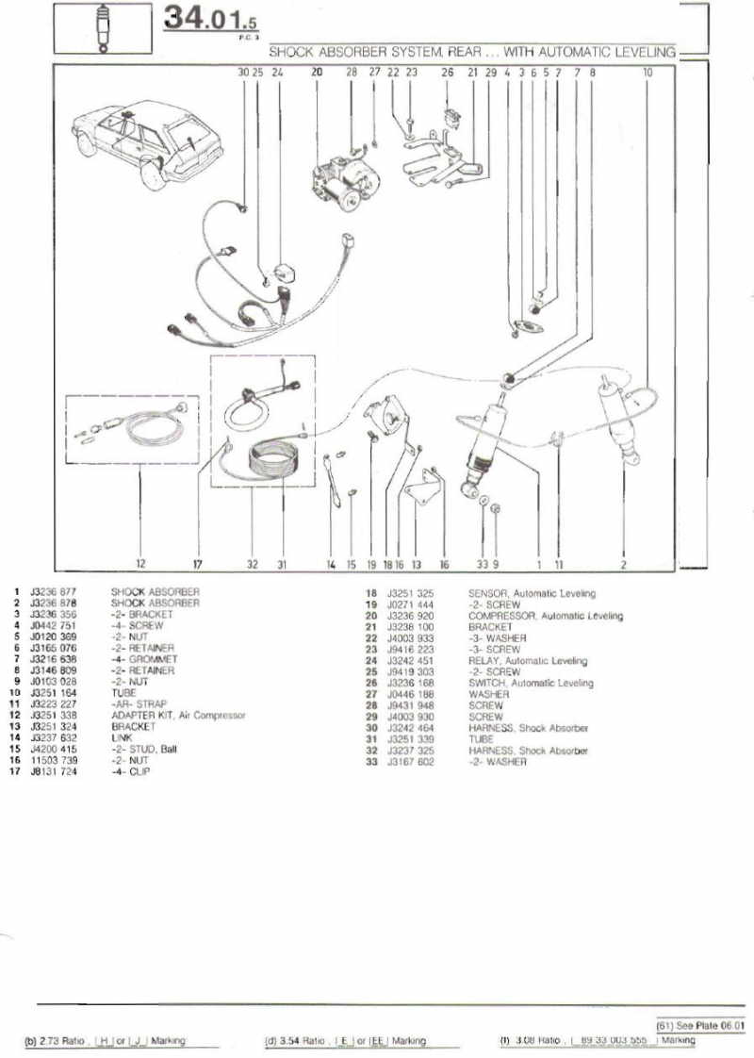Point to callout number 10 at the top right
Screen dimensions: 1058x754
pyautogui.click(x=647, y=72)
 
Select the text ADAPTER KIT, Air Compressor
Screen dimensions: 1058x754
pyautogui.click(x=178, y=716)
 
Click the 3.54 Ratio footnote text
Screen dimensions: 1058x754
pyautogui.click(x=297, y=1042)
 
